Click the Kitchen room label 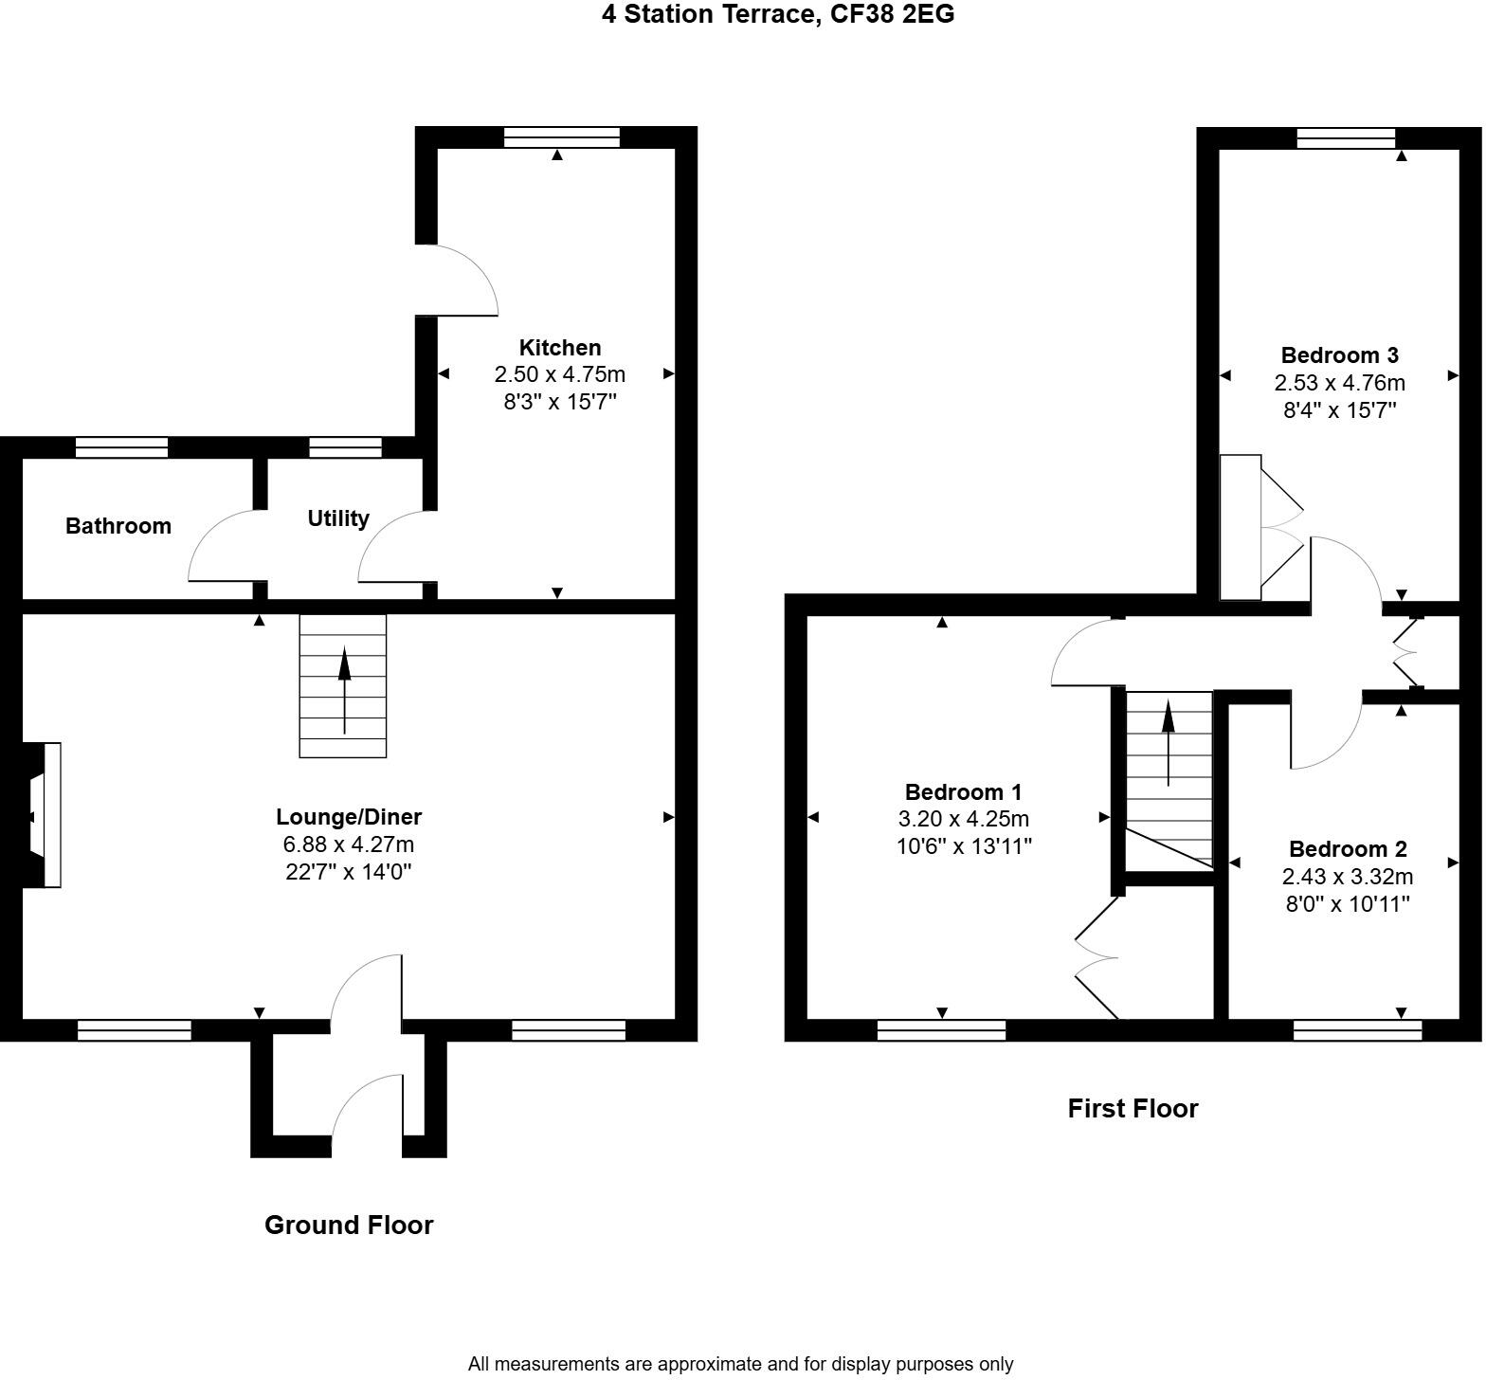pos(559,348)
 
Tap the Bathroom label pos(118,526)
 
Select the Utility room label pos(338,518)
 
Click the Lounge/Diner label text pos(349,817)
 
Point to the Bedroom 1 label pos(963,792)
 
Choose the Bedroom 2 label pos(1348,849)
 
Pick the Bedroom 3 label pos(1339,355)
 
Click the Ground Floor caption pos(349,1226)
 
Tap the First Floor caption pos(1133,1109)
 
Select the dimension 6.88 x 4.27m pos(349,844)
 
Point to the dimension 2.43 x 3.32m pos(1348,877)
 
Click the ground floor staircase pos(343,686)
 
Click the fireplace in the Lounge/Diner pos(43,815)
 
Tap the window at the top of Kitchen pos(562,137)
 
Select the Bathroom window pos(121,447)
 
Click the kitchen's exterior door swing pos(460,281)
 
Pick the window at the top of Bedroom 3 pos(1346,138)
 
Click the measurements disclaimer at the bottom pos(740,1365)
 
